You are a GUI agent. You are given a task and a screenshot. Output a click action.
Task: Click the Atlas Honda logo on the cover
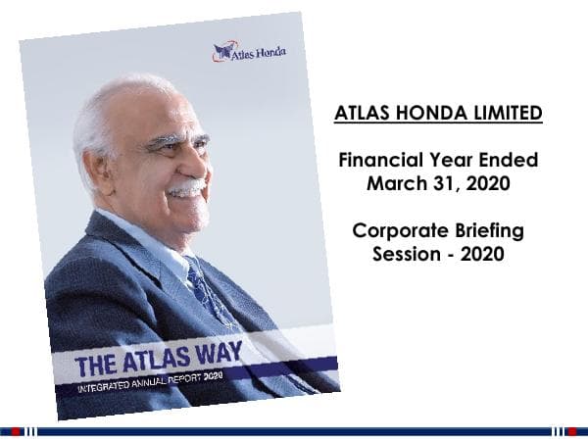[249, 51]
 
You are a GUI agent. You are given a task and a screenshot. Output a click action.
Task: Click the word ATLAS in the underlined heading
[363, 114]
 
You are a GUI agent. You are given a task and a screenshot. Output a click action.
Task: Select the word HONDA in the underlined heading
[428, 114]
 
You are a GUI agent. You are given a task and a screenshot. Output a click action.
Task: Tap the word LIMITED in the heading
[505, 114]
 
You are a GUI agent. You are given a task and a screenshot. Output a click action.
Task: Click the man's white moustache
[185, 186]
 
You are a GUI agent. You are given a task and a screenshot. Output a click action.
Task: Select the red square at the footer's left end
[16, 430]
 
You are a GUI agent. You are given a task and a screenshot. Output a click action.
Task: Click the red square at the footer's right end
[571, 430]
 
